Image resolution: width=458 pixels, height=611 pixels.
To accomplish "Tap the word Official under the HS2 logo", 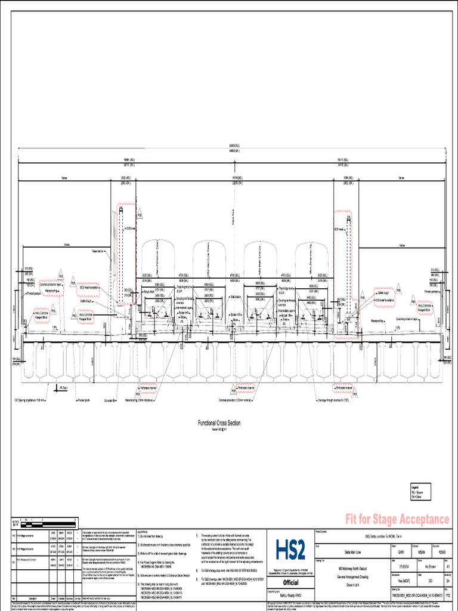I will point(290,583).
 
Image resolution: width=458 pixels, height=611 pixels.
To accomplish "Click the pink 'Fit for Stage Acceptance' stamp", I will point(397,519).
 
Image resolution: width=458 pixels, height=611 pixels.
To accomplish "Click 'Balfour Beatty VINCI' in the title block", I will point(290,596).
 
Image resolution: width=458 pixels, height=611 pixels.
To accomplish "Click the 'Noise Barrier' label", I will point(98,251).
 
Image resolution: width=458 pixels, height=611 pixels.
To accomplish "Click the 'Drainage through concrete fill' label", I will point(329,402).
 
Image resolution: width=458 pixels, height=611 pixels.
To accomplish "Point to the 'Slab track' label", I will point(234,297).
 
